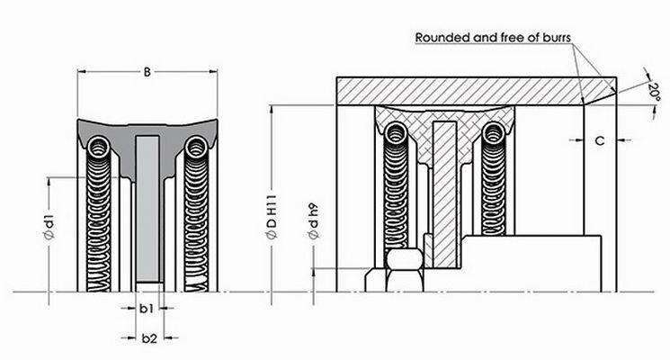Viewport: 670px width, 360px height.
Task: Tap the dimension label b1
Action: click(x=148, y=310)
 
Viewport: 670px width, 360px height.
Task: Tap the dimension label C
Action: click(x=599, y=140)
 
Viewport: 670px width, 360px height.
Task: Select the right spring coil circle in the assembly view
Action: click(x=492, y=134)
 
